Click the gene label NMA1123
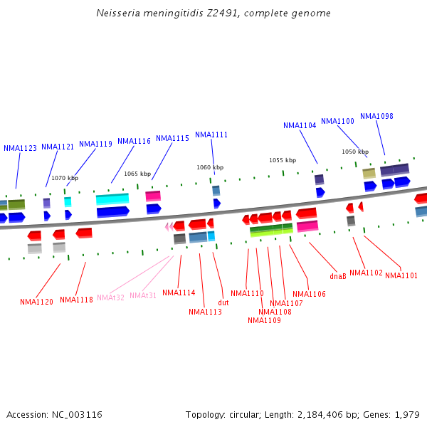20,149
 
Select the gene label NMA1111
211,135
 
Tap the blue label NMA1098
376,117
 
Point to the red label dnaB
338,276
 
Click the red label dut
223,303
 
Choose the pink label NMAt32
110,297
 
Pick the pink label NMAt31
143,295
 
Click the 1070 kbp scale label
65,178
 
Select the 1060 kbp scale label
210,168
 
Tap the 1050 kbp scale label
355,152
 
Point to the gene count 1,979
407,415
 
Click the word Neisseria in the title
117,14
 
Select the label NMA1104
300,126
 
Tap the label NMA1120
36,302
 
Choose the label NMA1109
264,320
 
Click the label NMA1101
401,276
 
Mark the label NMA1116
134,142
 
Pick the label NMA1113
205,312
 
